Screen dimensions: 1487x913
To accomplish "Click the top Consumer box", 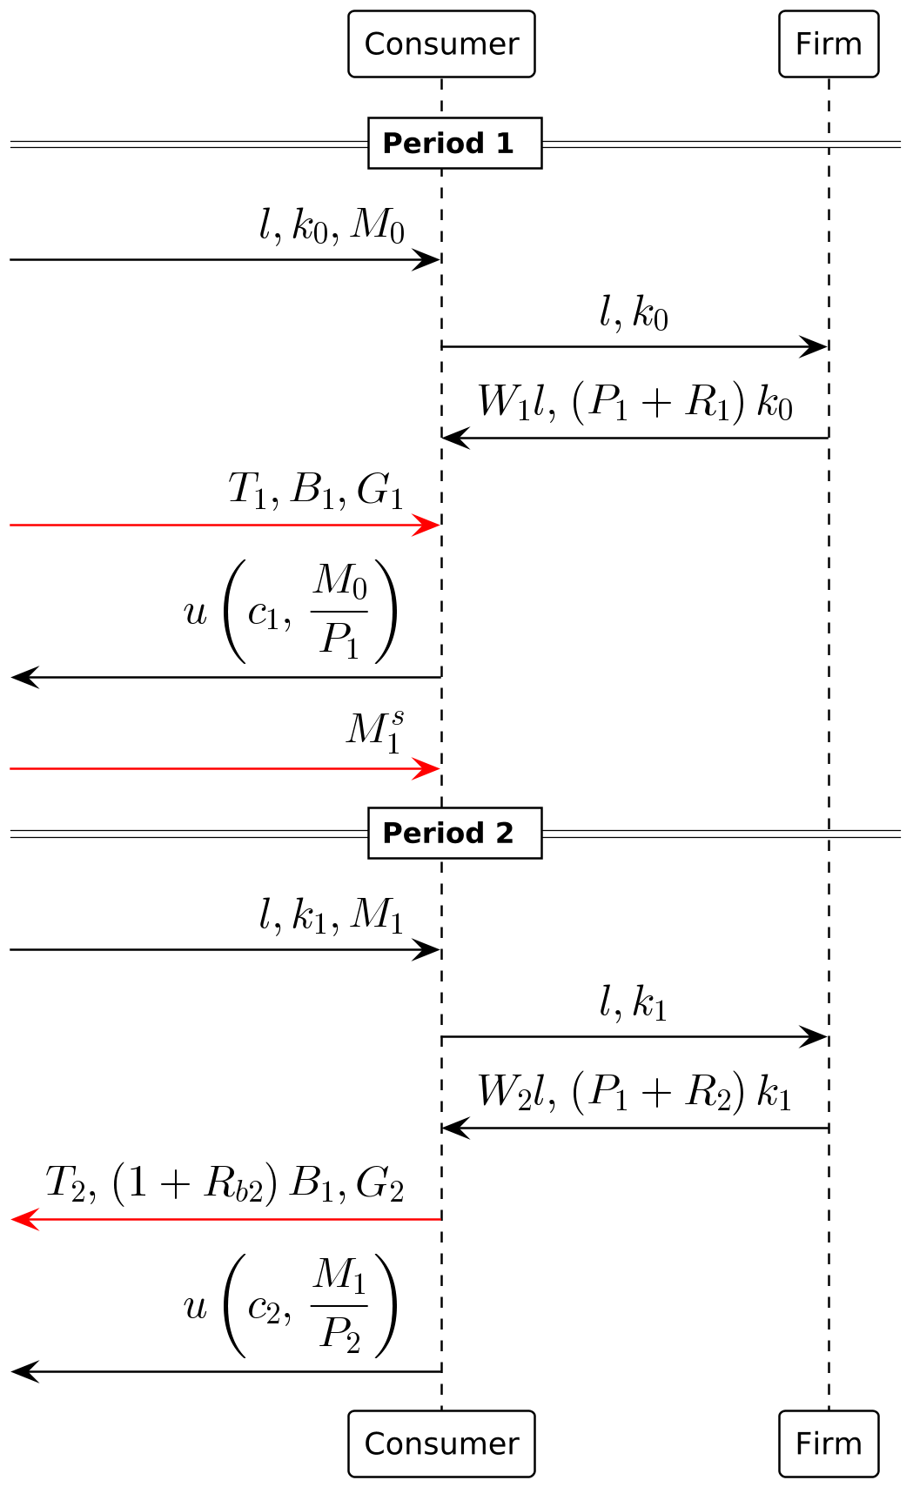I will pos(441,44).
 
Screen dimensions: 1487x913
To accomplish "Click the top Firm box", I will pos(828,44).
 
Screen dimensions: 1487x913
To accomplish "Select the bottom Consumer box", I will pos(441,1443).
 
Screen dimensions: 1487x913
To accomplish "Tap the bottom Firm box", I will pos(828,1443).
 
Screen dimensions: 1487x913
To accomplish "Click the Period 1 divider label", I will pos(454,143).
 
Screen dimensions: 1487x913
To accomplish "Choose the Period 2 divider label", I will pos(454,833).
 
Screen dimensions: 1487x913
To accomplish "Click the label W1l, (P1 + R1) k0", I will pos(634,402).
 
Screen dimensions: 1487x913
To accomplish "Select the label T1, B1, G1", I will pos(316,491).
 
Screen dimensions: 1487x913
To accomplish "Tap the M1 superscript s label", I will pos(375,731).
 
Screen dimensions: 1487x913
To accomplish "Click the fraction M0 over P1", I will pos(339,612).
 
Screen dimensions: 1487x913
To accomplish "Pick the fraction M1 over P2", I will pos(339,1305).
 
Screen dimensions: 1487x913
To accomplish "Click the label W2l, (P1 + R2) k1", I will pos(634,1092).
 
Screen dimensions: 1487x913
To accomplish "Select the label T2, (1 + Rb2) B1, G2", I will pos(225,1184).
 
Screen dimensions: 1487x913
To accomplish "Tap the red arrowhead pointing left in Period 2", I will pos(24,1219).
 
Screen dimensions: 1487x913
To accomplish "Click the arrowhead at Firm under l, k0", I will pos(815,347).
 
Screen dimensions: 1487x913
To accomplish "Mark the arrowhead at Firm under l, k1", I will pos(815,1037).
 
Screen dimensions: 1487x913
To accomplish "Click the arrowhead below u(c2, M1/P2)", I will pos(24,1372).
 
